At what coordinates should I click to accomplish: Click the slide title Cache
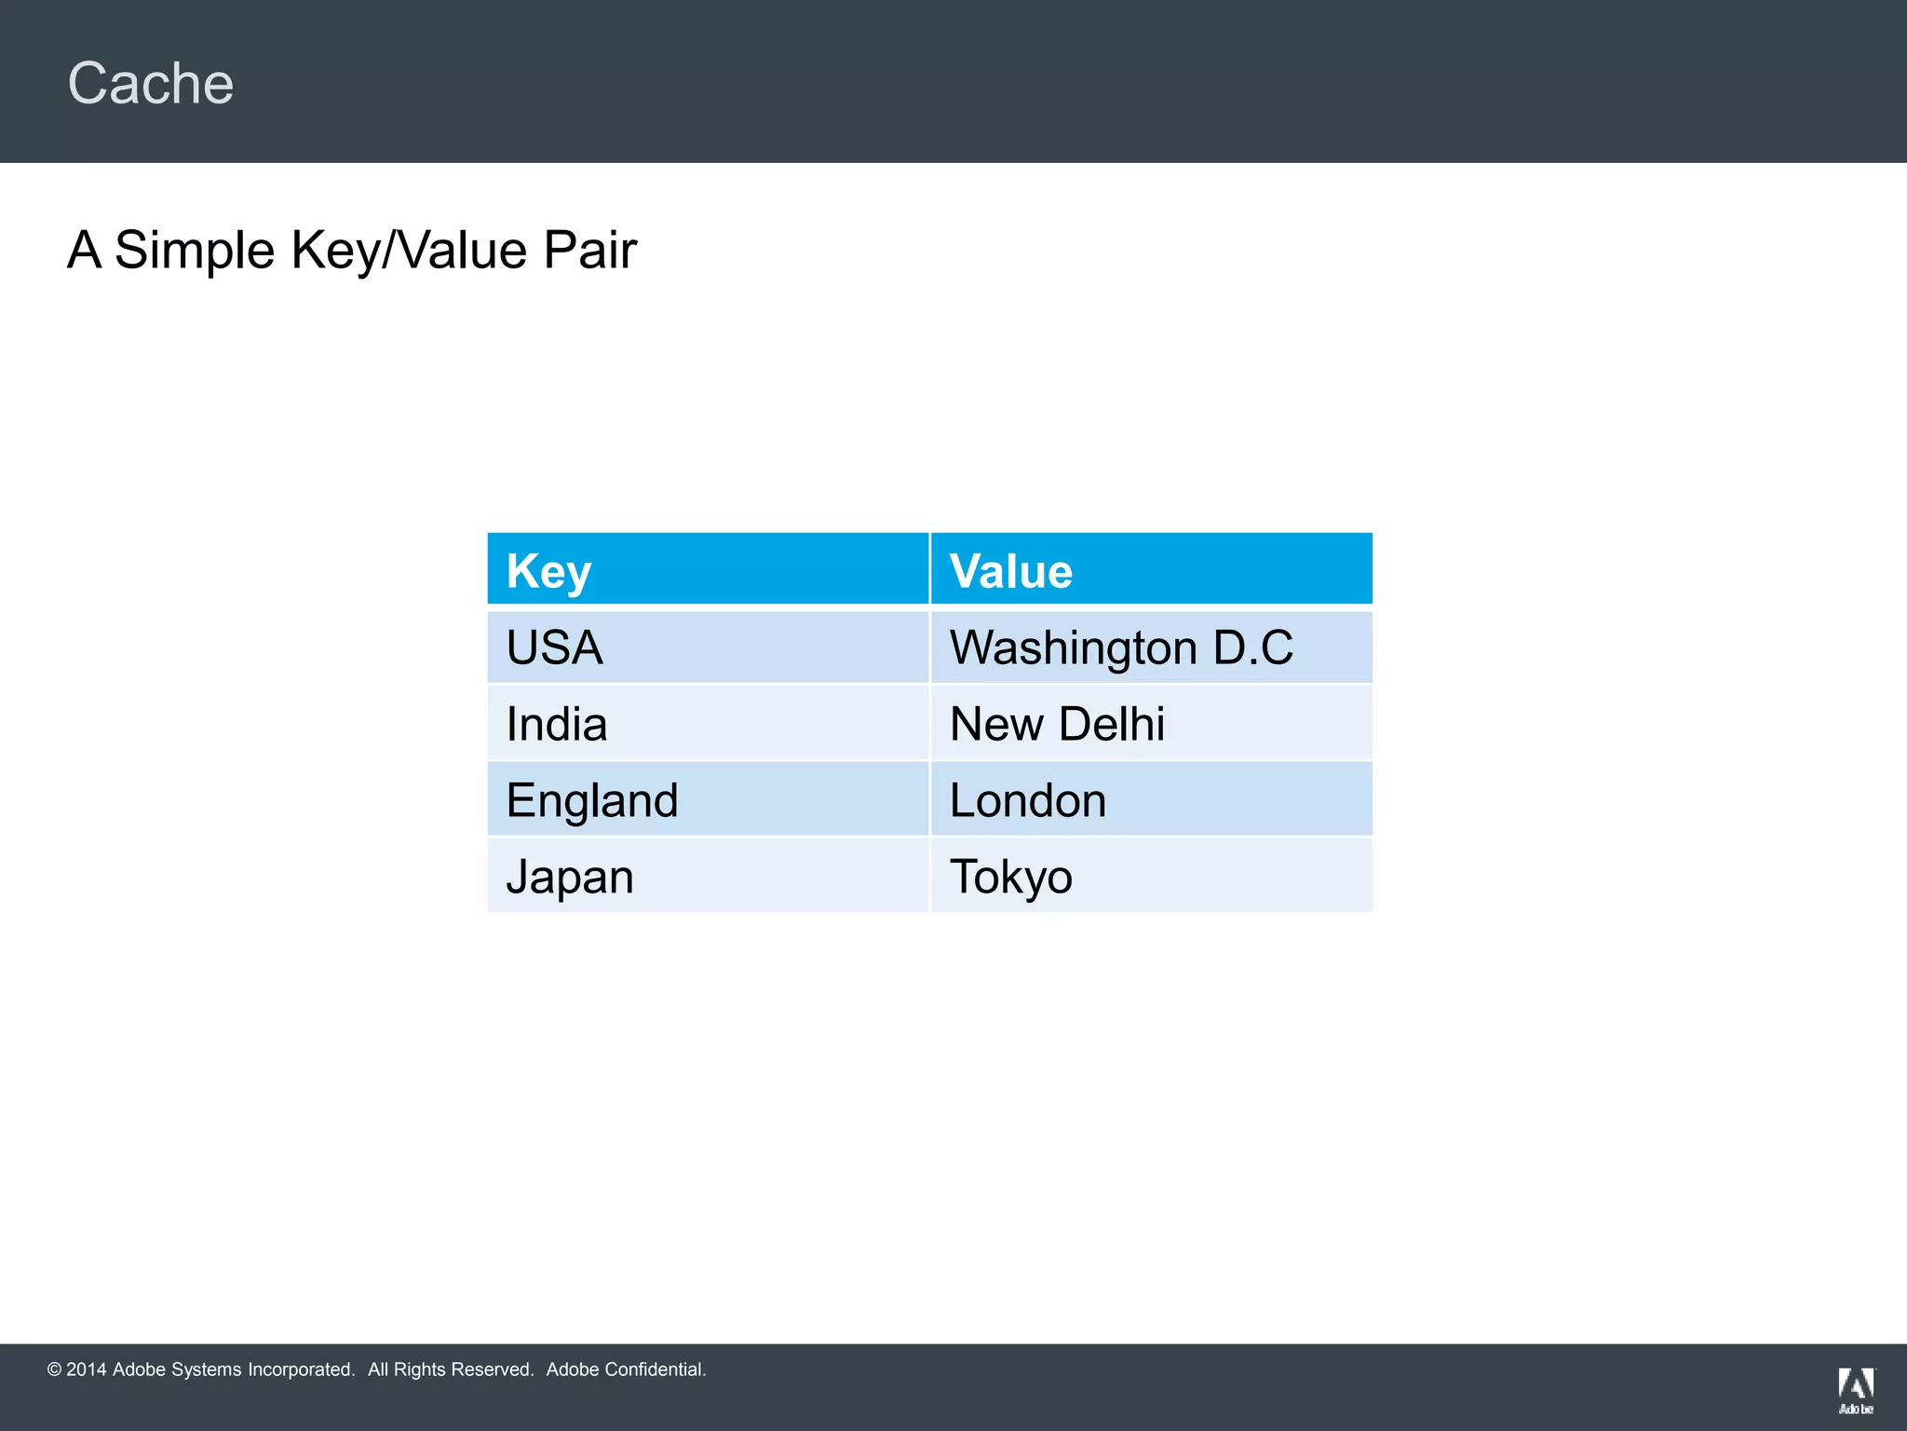[151, 84]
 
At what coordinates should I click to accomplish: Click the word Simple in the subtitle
[194, 250]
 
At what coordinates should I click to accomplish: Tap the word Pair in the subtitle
[589, 250]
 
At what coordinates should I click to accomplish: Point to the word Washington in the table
[1073, 647]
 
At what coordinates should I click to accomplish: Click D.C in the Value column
[1253, 647]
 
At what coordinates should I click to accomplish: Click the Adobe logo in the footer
[1856, 1390]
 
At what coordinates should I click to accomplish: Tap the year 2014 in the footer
[87, 1370]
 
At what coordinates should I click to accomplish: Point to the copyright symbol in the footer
[54, 1370]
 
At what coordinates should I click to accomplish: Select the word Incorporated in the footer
[301, 1370]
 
